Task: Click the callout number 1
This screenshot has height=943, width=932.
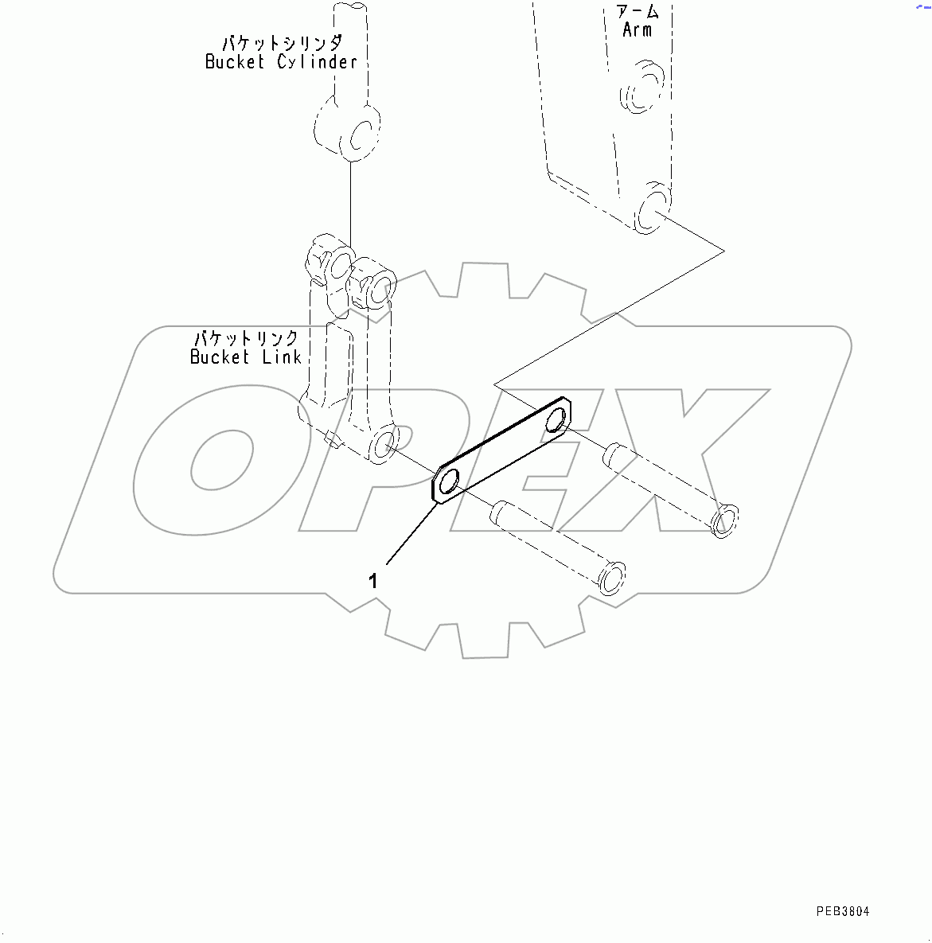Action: point(372,581)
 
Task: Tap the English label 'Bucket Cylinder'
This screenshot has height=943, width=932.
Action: point(281,62)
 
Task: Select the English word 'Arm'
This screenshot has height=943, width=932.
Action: point(637,30)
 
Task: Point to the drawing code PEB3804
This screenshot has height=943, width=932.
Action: point(842,911)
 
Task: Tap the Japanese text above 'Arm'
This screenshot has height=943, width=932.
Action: point(638,11)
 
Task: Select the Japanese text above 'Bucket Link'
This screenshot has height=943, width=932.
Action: point(247,337)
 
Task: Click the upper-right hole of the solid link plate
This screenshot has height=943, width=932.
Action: point(557,418)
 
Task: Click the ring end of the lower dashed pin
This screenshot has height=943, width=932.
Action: point(612,577)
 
